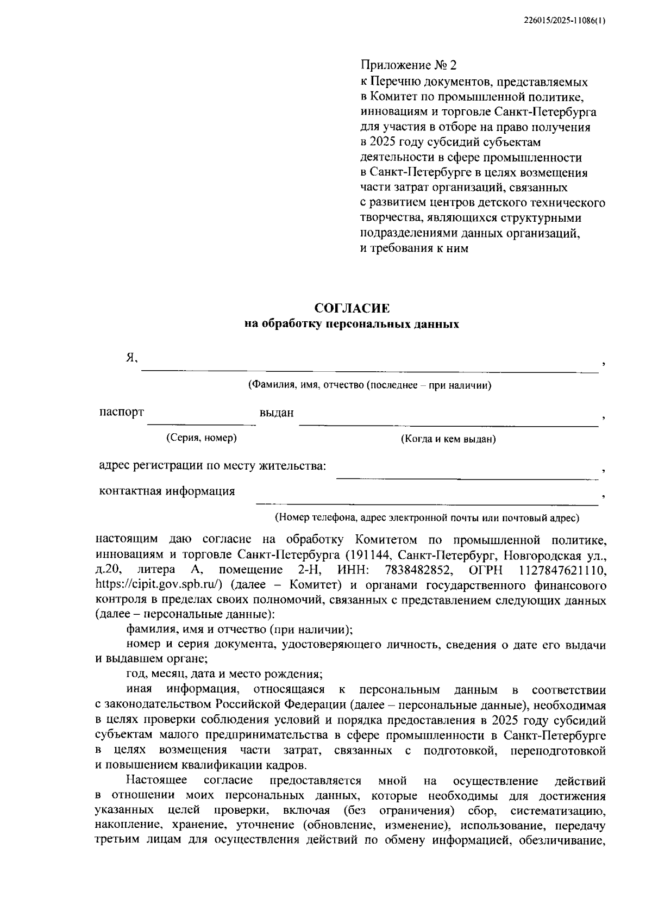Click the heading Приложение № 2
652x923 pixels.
click(409, 66)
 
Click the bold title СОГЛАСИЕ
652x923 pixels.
click(353, 309)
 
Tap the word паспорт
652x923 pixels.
click(121, 412)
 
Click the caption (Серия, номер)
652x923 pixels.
click(201, 438)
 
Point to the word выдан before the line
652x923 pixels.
click(277, 413)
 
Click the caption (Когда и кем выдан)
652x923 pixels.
click(448, 439)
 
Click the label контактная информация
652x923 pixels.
click(167, 491)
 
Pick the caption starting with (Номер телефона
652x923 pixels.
click(427, 517)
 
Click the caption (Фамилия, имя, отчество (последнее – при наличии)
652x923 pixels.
click(369, 385)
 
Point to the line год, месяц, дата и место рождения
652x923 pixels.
click(224, 675)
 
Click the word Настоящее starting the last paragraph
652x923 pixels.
click(156, 781)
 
